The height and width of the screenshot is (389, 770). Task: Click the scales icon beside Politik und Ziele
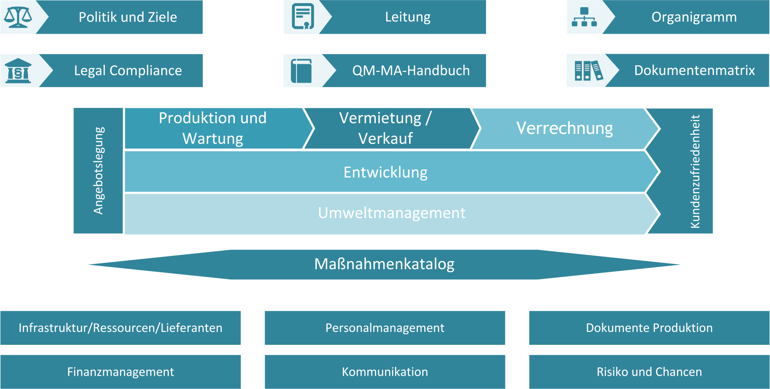(x=18, y=17)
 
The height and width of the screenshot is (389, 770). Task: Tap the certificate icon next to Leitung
(x=303, y=16)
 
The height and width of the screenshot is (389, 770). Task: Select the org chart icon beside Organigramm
(x=584, y=17)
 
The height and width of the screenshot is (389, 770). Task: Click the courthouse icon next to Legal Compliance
(x=18, y=71)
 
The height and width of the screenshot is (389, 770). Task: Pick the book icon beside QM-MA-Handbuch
(x=302, y=71)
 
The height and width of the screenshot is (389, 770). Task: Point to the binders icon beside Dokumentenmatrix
(x=588, y=71)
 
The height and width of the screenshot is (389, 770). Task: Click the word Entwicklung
(x=385, y=172)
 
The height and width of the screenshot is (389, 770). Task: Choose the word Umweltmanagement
(x=392, y=213)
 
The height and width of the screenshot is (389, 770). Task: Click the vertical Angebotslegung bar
(x=98, y=170)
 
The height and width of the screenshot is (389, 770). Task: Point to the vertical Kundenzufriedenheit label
(x=695, y=171)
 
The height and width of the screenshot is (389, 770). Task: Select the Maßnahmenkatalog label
(x=384, y=264)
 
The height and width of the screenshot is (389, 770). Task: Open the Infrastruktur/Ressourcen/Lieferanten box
(x=120, y=328)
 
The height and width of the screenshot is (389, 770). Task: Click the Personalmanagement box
(x=385, y=328)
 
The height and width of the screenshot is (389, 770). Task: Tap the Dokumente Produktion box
(x=649, y=328)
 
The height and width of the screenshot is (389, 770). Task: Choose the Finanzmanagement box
(x=120, y=372)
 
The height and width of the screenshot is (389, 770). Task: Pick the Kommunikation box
(x=385, y=372)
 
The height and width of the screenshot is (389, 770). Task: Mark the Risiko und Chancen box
(x=649, y=372)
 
